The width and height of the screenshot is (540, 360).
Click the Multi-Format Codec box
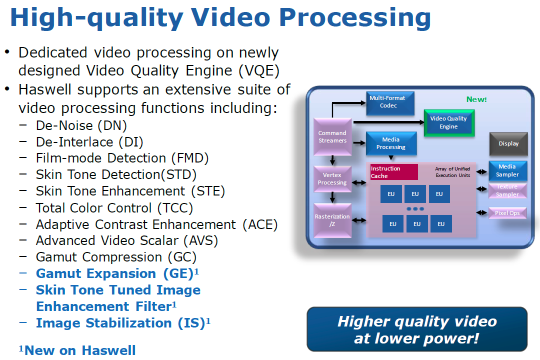pos(390,103)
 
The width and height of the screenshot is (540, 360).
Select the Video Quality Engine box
pos(449,123)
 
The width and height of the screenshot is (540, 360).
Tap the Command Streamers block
pos(332,137)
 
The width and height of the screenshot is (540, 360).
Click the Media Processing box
pos(391,143)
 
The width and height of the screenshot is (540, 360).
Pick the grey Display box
pos(508,143)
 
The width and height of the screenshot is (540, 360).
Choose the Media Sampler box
pos(507,170)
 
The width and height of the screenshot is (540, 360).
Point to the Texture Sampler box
pos(507,190)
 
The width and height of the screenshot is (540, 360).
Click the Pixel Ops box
pos(507,213)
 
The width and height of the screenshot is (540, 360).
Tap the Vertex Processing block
pos(332,179)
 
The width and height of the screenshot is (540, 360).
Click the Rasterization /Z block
pos(332,220)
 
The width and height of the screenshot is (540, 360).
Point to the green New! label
pos(476,99)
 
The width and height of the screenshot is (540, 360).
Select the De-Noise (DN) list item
pos(81,125)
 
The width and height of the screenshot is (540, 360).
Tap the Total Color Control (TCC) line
pos(114,207)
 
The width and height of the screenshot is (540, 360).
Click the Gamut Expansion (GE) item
pos(117,273)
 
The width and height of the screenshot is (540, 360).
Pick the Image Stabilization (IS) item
pos(123,323)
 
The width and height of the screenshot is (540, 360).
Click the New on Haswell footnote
pos(77,350)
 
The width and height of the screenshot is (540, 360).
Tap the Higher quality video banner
pos(417,329)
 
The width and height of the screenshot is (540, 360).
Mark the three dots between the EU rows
pos(415,209)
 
